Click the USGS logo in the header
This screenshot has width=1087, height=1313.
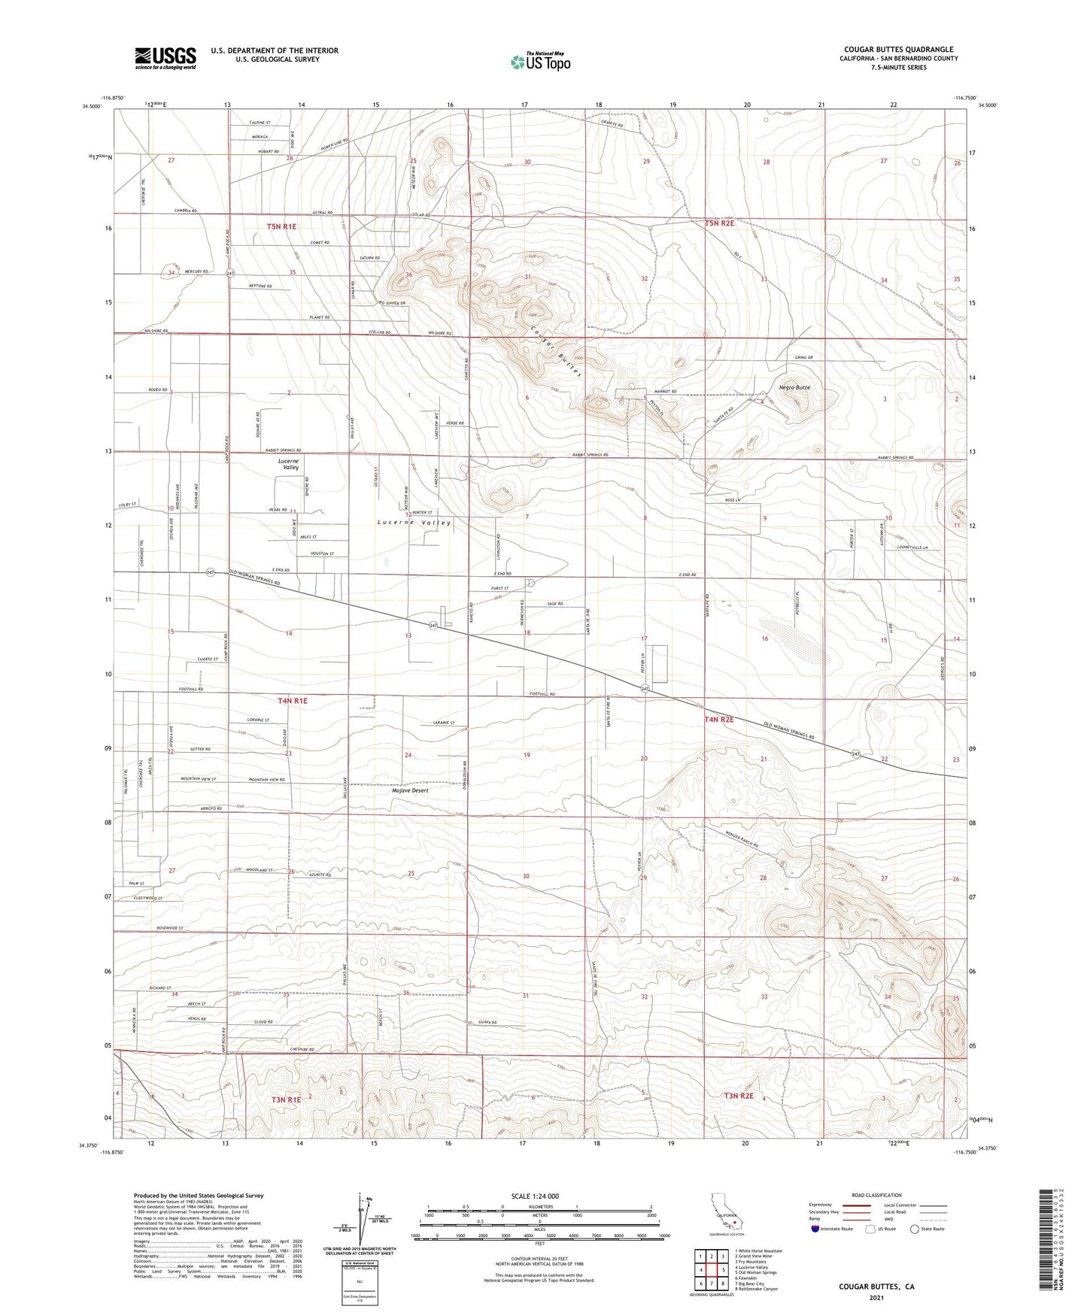[165, 58]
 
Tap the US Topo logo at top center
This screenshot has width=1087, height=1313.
[539, 62]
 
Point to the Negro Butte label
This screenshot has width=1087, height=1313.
[795, 387]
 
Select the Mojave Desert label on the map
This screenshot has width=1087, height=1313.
[410, 790]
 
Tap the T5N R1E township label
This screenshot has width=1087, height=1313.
[281, 226]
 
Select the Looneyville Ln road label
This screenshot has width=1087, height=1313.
[913, 547]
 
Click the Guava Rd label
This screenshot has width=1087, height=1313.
[487, 1023]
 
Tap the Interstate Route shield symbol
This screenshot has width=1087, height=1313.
[815, 1229]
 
